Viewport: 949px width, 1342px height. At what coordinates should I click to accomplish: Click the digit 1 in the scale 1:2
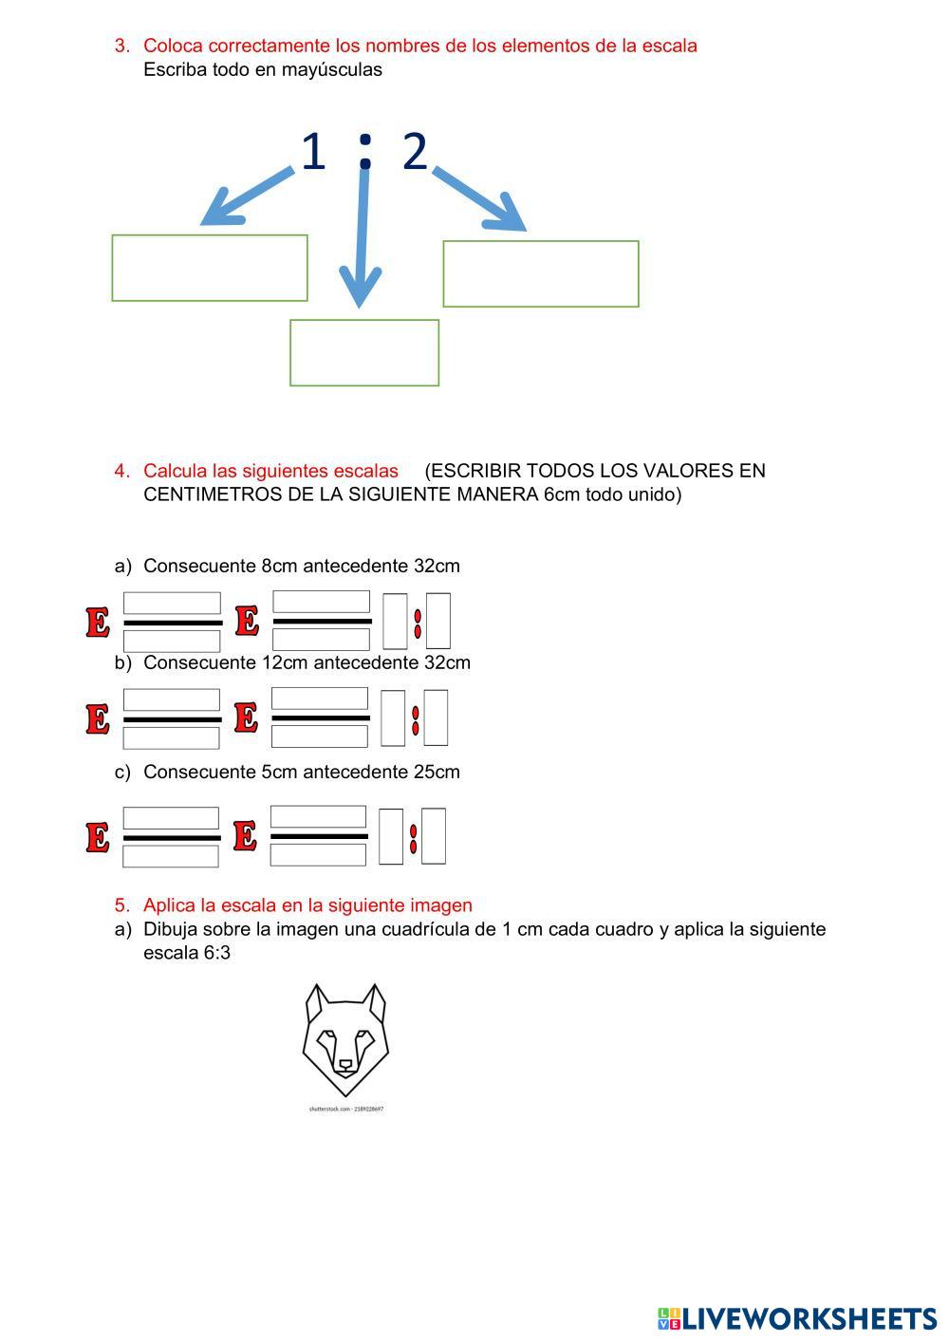pyautogui.click(x=312, y=152)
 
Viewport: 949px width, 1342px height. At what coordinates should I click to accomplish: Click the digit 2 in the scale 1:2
pyautogui.click(x=415, y=152)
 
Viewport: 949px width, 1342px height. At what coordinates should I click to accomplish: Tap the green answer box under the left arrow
pyautogui.click(x=210, y=268)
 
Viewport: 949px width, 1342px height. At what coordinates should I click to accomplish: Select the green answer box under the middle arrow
pyautogui.click(x=364, y=353)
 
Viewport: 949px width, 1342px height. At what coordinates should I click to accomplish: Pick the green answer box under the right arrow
pyautogui.click(x=541, y=274)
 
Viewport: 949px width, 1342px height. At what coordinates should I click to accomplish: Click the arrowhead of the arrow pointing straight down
pyautogui.click(x=359, y=289)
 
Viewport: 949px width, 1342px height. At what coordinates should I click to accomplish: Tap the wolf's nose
pyautogui.click(x=345, y=1065)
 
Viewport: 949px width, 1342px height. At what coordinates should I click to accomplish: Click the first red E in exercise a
pyautogui.click(x=98, y=623)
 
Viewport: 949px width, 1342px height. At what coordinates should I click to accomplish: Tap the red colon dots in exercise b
pyautogui.click(x=415, y=719)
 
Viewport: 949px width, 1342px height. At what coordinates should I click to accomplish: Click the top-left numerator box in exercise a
pyautogui.click(x=172, y=603)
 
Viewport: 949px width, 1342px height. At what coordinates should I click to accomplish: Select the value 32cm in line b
pyautogui.click(x=447, y=662)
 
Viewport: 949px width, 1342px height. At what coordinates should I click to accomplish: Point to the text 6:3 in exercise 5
pyautogui.click(x=216, y=953)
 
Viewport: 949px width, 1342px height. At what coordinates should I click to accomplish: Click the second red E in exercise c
pyautogui.click(x=245, y=836)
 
